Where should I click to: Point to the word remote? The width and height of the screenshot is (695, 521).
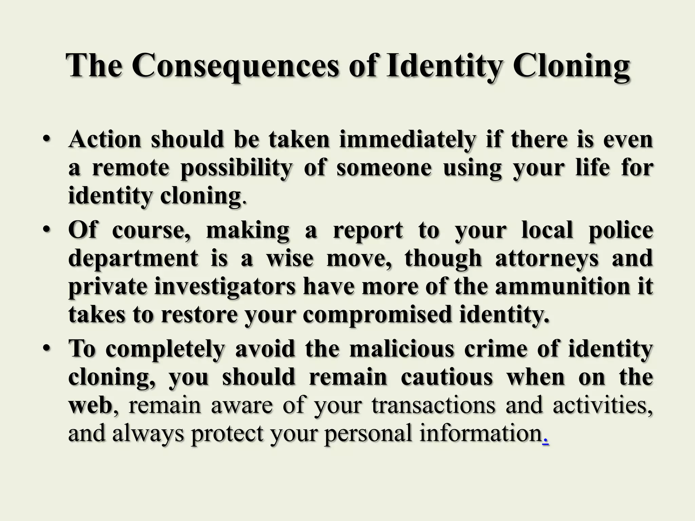pyautogui.click(x=130, y=168)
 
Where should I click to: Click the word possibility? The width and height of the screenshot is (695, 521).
pyautogui.click(x=236, y=168)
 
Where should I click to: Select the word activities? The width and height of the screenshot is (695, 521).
pyautogui.click(x=602, y=405)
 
